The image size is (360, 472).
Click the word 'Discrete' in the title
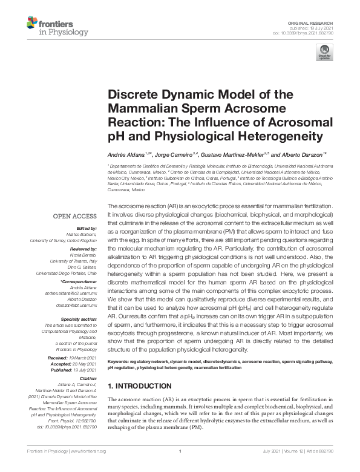point(130,94)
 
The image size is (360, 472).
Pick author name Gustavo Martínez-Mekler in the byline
point(232,154)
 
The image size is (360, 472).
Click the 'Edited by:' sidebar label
point(85,227)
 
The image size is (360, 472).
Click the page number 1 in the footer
point(180,468)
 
